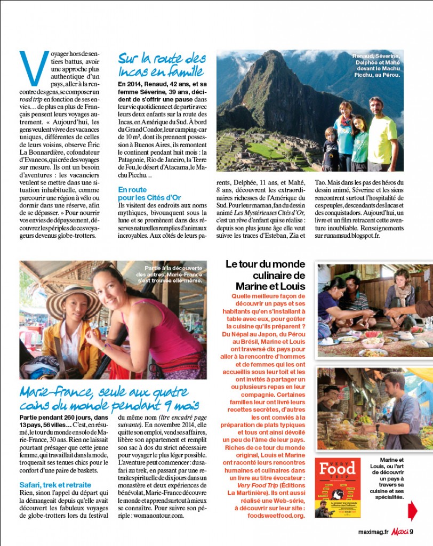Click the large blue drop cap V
click(34, 68)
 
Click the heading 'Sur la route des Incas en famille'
click(162, 64)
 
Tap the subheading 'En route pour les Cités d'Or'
click(140, 194)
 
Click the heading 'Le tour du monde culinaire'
click(264, 275)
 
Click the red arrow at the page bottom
click(413, 510)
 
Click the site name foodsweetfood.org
click(278, 516)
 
